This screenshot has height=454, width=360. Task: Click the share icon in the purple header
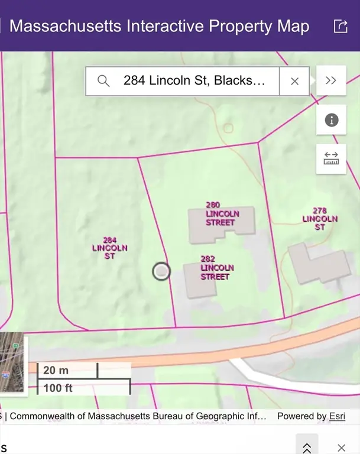click(x=340, y=27)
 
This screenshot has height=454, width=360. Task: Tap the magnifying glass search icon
click(x=103, y=81)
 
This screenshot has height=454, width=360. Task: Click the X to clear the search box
click(x=294, y=81)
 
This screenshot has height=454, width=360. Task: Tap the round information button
click(x=331, y=121)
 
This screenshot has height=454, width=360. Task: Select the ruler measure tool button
click(x=331, y=158)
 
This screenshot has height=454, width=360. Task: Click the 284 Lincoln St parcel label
click(x=109, y=248)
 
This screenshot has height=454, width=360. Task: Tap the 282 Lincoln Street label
click(x=217, y=268)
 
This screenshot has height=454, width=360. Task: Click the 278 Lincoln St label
click(x=320, y=219)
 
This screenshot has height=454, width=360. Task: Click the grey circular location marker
click(x=161, y=271)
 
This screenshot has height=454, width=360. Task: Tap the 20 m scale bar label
click(x=56, y=371)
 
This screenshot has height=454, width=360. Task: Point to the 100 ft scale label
click(x=59, y=388)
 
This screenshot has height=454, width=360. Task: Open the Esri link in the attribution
click(x=337, y=416)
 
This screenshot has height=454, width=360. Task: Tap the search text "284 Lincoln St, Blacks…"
click(x=194, y=81)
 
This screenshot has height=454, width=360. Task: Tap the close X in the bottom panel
click(x=341, y=447)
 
